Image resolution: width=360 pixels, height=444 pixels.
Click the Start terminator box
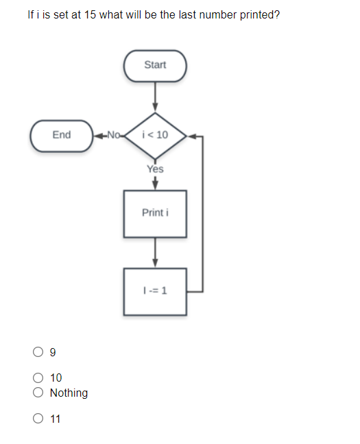point(155,65)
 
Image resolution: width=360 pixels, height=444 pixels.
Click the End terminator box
point(62,134)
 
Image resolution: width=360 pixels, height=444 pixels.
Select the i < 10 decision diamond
point(155,134)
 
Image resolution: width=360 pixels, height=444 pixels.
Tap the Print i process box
point(155,213)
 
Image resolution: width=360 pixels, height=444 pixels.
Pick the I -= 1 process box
point(155,291)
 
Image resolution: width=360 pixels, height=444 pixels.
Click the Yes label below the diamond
point(155,169)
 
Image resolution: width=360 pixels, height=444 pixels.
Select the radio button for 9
point(38,353)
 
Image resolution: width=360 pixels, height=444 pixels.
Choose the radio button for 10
point(38,378)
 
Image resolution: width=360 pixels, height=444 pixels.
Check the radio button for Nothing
point(38,393)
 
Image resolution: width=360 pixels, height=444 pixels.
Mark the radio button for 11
point(38,419)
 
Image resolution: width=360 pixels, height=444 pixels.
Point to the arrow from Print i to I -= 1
point(155,251)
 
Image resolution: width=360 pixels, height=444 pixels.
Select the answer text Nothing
point(69,393)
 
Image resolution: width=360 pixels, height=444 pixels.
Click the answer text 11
point(56,419)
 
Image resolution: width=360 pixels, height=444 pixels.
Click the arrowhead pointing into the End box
point(98,134)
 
